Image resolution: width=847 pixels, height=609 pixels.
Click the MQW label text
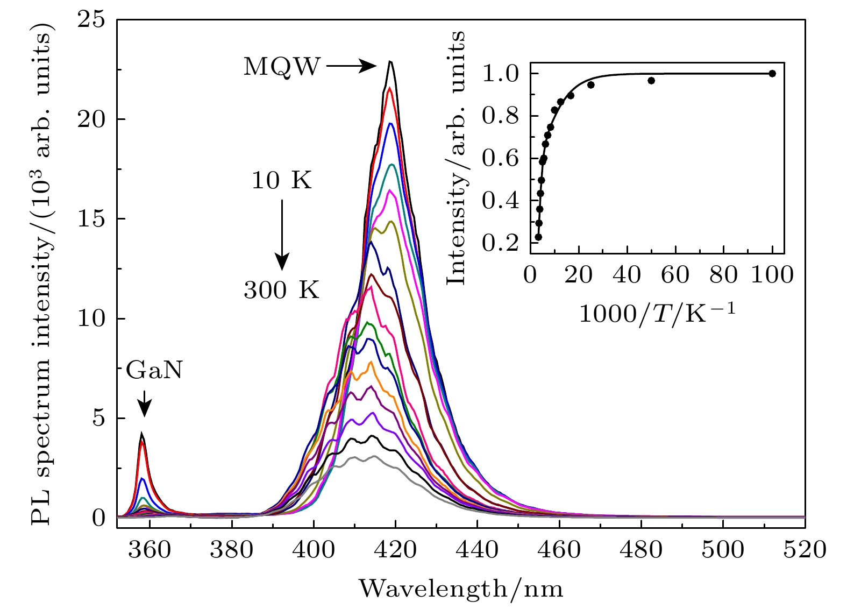(x=281, y=67)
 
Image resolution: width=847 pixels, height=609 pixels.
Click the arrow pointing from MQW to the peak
(x=351, y=66)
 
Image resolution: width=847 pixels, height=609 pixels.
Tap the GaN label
(x=154, y=371)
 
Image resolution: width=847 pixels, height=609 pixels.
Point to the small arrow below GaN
(x=144, y=403)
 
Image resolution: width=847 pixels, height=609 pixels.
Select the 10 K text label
(x=281, y=181)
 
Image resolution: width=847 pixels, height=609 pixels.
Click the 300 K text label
(x=281, y=291)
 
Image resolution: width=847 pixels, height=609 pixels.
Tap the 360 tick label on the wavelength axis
(x=150, y=550)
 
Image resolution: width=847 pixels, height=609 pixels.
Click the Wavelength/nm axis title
(x=461, y=589)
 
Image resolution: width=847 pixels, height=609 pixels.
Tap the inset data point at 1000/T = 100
(x=772, y=74)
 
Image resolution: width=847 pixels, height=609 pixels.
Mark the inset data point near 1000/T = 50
(x=651, y=81)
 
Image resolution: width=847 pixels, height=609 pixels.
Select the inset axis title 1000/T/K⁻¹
(x=657, y=313)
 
